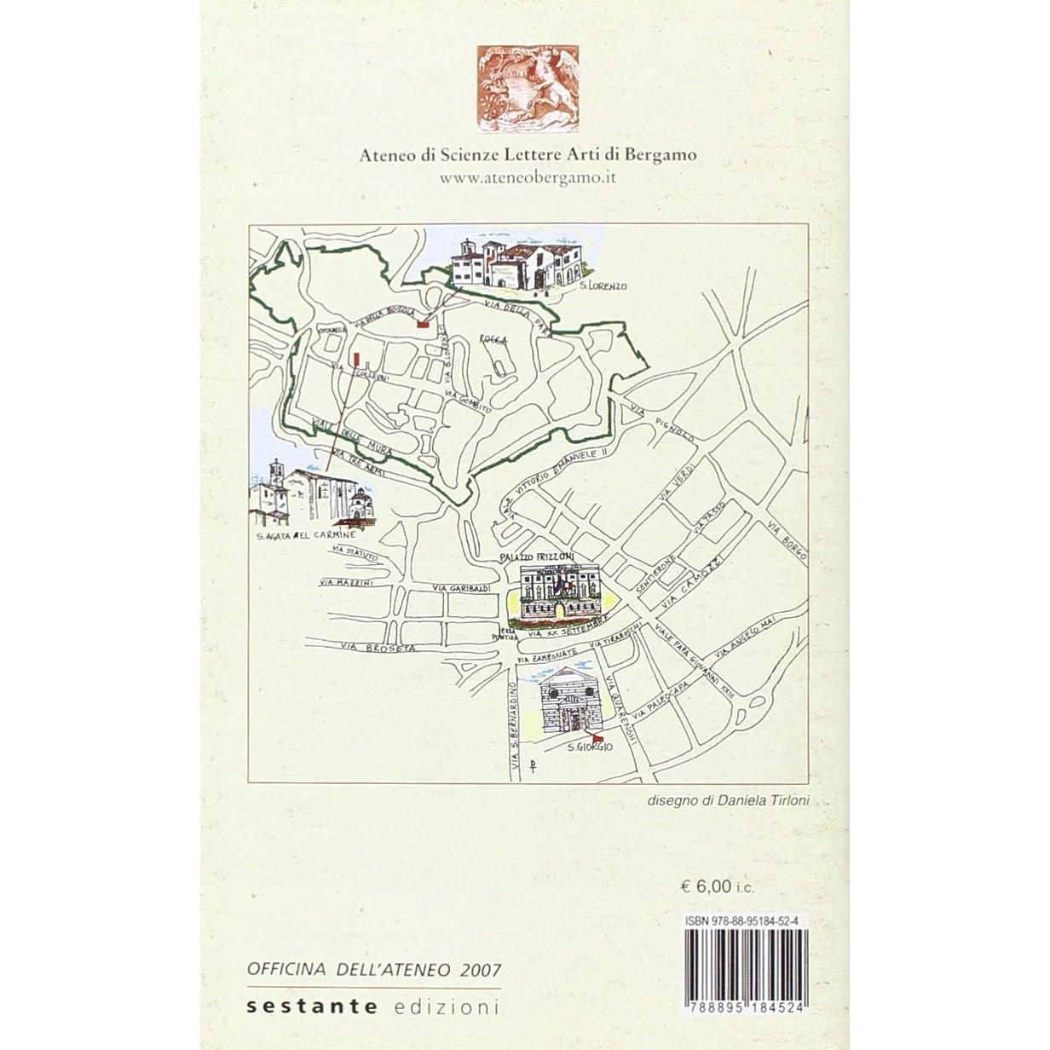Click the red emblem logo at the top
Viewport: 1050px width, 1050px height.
coord(527,89)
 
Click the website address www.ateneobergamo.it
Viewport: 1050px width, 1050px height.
coord(526,177)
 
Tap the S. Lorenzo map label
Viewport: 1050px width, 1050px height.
coord(602,286)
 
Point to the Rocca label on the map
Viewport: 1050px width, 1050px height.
coord(494,339)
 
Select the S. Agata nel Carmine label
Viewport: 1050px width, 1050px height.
coord(304,537)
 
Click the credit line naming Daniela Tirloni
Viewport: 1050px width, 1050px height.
coord(726,800)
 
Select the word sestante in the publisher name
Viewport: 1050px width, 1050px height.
coord(312,1006)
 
